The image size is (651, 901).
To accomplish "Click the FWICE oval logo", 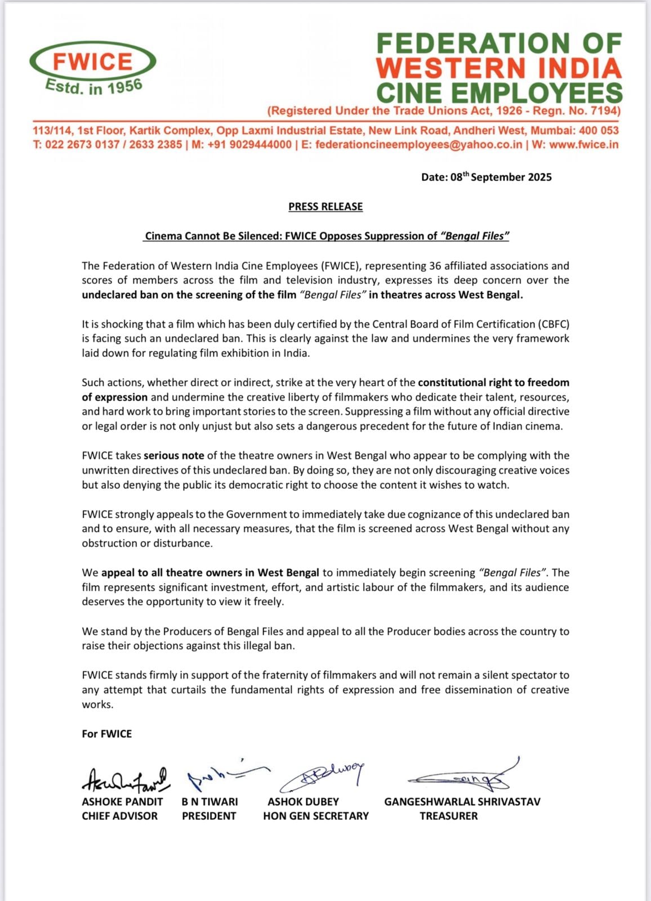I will click(x=93, y=61).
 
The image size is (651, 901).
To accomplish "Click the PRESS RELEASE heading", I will click(x=325, y=207).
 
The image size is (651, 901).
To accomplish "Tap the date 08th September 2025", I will click(x=487, y=177).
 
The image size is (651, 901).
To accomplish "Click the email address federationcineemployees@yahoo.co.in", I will click(x=419, y=145).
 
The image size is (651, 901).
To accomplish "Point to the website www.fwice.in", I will click(x=583, y=145).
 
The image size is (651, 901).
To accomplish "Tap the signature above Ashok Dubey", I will click(x=321, y=777).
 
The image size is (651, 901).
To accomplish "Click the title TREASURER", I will click(x=448, y=816).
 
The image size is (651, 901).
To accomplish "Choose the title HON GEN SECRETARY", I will click(x=316, y=816).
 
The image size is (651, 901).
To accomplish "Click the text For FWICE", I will click(x=107, y=734).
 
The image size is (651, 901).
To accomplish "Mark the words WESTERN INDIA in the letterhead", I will click(x=499, y=68).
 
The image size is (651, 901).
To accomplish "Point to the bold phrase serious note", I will click(x=174, y=456).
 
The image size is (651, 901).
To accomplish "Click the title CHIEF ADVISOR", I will click(x=120, y=816).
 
